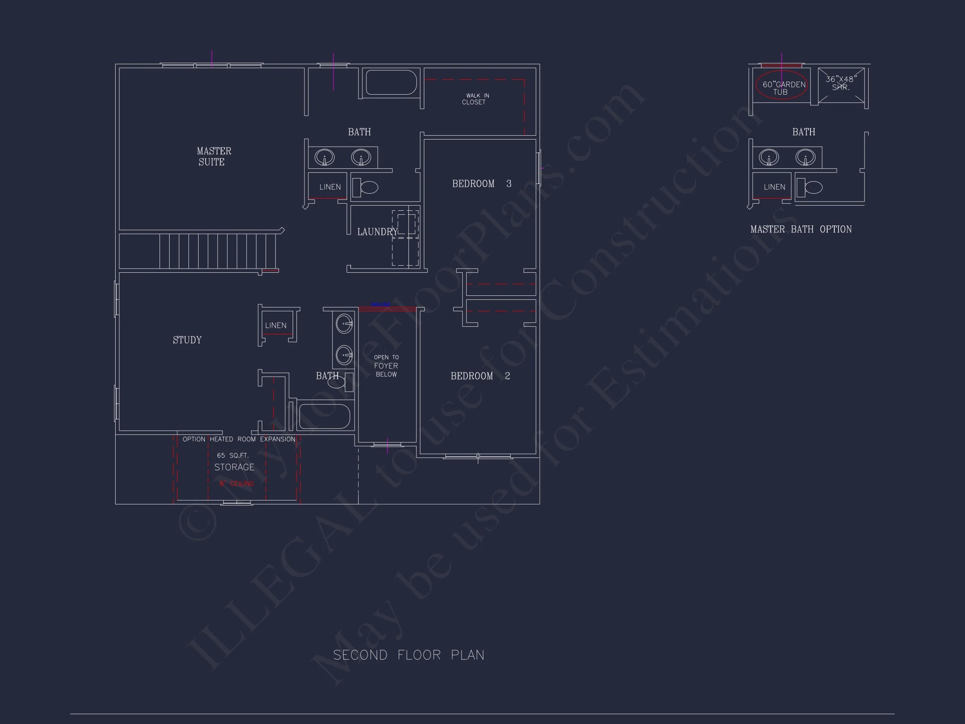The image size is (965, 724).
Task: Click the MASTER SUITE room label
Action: point(213,156)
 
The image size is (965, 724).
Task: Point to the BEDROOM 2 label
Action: point(480,376)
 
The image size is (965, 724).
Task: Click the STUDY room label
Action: point(187,340)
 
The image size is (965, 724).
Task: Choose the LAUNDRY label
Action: point(377,232)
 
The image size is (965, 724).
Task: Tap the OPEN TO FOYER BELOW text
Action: point(386,366)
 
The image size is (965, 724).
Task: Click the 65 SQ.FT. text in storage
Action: point(232,455)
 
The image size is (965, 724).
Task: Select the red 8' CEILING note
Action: point(237,484)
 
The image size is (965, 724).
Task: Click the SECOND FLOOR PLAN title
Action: point(409,655)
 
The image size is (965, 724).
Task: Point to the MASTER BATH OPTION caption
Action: point(800,230)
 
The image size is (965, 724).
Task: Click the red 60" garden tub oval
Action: point(781,85)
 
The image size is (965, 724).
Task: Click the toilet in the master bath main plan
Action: point(366,188)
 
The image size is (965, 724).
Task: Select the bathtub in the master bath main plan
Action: point(391,82)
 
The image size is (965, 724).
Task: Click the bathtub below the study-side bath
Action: point(325,416)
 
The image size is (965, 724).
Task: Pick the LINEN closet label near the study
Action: point(276,326)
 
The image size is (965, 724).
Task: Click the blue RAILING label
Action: point(380,304)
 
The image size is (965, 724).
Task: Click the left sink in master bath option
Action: point(768,157)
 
